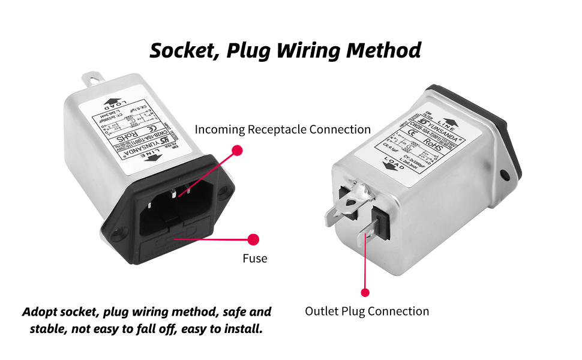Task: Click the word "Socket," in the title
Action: pyautogui.click(x=185, y=50)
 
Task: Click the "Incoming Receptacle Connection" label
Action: pyautogui.click(x=283, y=130)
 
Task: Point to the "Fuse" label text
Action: pyautogui.click(x=254, y=259)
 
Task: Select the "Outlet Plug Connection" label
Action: pyautogui.click(x=367, y=311)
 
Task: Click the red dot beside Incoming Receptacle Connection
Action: pyautogui.click(x=237, y=150)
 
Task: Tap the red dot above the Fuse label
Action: pyautogui.click(x=253, y=239)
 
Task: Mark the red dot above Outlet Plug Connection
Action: pyautogui.click(x=365, y=293)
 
